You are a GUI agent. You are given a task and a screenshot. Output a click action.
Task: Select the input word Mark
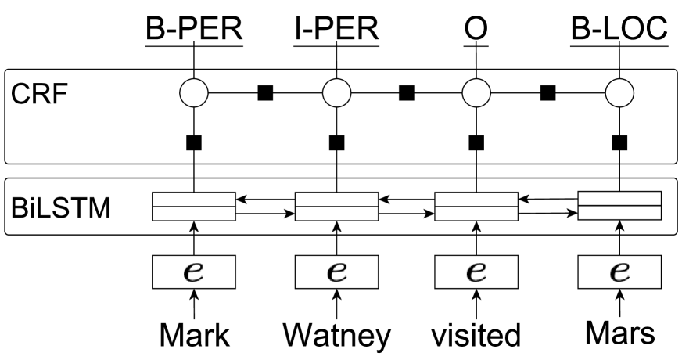point(194,334)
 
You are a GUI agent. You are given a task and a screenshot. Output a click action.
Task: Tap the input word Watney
point(336,334)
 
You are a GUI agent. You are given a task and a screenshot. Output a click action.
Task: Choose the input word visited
point(476,334)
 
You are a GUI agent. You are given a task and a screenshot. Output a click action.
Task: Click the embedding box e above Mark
point(193,272)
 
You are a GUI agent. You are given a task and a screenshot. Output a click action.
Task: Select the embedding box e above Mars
point(619,272)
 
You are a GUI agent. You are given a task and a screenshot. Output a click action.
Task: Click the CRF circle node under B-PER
point(193,94)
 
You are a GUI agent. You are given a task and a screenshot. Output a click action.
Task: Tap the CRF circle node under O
point(476,94)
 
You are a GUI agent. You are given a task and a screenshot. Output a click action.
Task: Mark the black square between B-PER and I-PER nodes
point(265,94)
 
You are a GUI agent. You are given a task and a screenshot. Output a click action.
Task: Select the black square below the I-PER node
point(336,142)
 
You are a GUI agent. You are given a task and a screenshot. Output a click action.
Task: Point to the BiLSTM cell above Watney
point(336,207)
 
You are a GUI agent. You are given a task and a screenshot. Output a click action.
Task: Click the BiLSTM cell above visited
point(476,207)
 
